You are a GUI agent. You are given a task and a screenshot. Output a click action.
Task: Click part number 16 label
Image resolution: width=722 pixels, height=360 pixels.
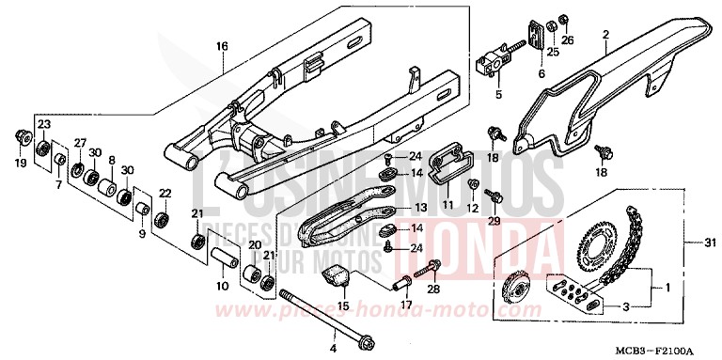223,45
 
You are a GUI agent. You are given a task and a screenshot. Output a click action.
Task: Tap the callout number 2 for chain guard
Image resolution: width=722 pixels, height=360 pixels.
605,36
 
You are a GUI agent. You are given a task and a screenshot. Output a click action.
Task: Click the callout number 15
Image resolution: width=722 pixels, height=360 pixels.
343,305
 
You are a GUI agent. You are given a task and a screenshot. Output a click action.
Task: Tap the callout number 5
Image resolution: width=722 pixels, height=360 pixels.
498,93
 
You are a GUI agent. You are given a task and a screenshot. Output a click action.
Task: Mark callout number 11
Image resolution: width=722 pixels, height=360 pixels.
448,204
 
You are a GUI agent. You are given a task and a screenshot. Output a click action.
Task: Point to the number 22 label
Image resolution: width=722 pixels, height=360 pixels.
165,193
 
